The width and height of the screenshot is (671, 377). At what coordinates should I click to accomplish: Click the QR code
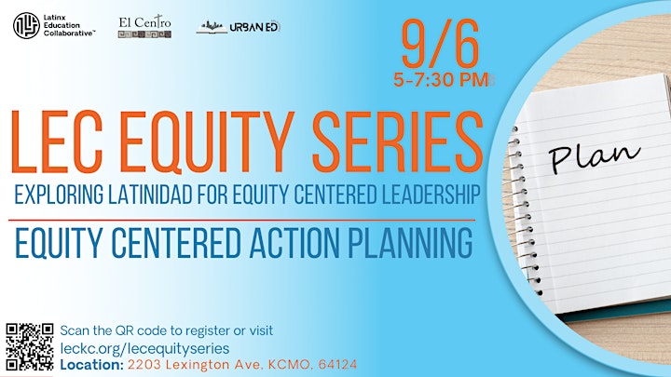click(x=30, y=346)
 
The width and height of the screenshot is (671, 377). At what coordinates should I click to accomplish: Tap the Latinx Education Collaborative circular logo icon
click(x=26, y=26)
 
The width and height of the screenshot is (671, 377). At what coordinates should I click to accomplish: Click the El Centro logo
click(x=144, y=27)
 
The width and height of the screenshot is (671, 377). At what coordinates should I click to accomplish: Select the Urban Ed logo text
click(x=254, y=28)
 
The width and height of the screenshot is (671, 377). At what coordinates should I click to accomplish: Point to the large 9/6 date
click(x=440, y=44)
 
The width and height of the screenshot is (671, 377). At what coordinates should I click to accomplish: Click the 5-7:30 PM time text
click(x=441, y=80)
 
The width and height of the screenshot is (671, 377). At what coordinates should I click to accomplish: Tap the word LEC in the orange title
click(x=57, y=142)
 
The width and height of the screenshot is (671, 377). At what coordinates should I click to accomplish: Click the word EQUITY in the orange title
click(x=207, y=142)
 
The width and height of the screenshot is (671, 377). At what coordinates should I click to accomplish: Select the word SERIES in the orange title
click(x=398, y=142)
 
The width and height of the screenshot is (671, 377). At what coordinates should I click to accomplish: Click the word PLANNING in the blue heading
click(x=410, y=243)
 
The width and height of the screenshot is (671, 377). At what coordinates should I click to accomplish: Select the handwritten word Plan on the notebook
click(x=594, y=157)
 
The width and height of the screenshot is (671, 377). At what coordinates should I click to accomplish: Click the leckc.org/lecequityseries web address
click(x=144, y=348)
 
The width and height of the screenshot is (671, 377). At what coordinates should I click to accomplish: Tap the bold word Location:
click(x=92, y=365)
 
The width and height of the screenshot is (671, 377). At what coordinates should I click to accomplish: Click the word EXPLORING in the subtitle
click(x=59, y=195)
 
